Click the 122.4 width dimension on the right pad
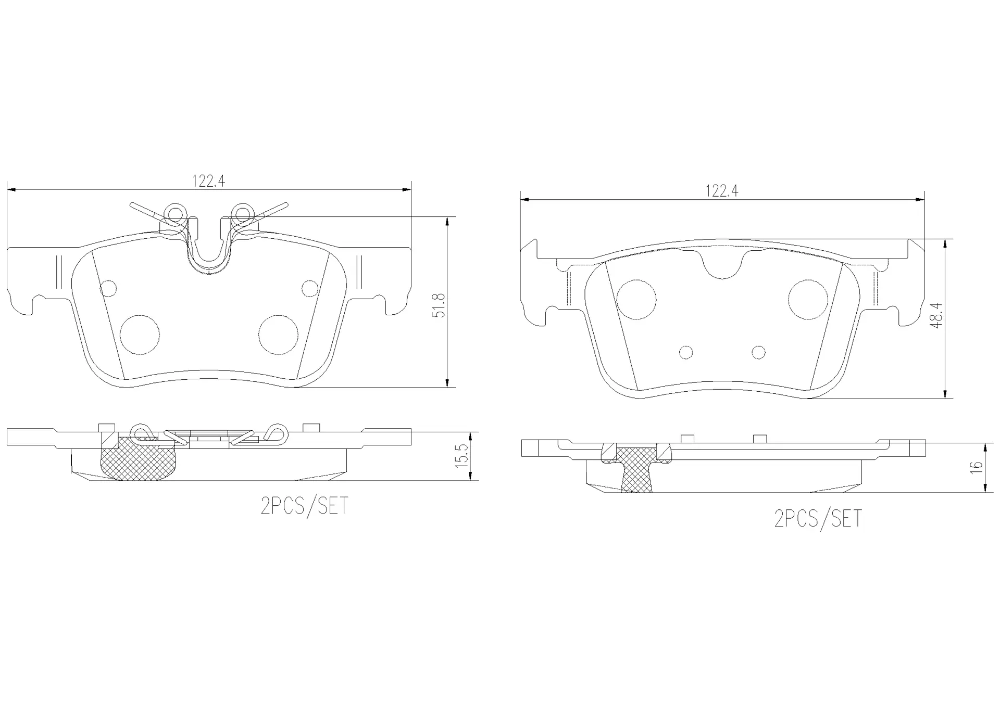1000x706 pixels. [x=722, y=191]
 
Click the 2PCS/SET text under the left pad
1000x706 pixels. [x=304, y=506]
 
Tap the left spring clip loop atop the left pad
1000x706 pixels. [x=175, y=213]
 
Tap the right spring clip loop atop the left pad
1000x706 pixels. [x=242, y=213]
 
